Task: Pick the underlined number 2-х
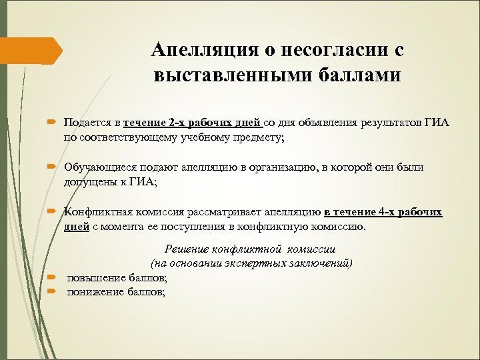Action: (x=177, y=123)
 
